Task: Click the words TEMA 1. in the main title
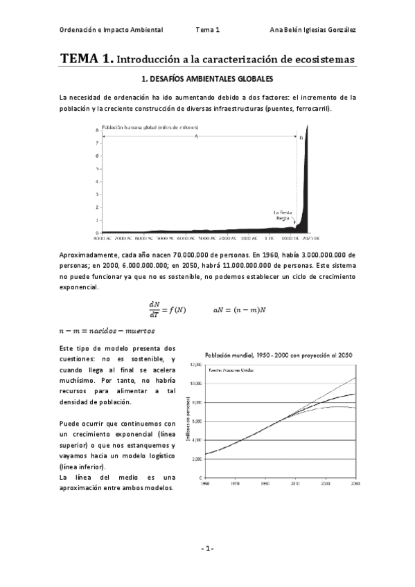click(x=87, y=60)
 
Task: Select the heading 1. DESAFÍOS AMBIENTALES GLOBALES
click(x=206, y=80)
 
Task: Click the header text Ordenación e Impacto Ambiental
click(x=112, y=30)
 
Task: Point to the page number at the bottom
click(x=207, y=548)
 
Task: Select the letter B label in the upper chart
click(x=301, y=138)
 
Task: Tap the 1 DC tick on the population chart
click(x=265, y=237)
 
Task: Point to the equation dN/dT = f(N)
click(x=167, y=307)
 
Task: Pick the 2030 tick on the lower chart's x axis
click(x=326, y=483)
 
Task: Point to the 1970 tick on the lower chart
click(x=236, y=483)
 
